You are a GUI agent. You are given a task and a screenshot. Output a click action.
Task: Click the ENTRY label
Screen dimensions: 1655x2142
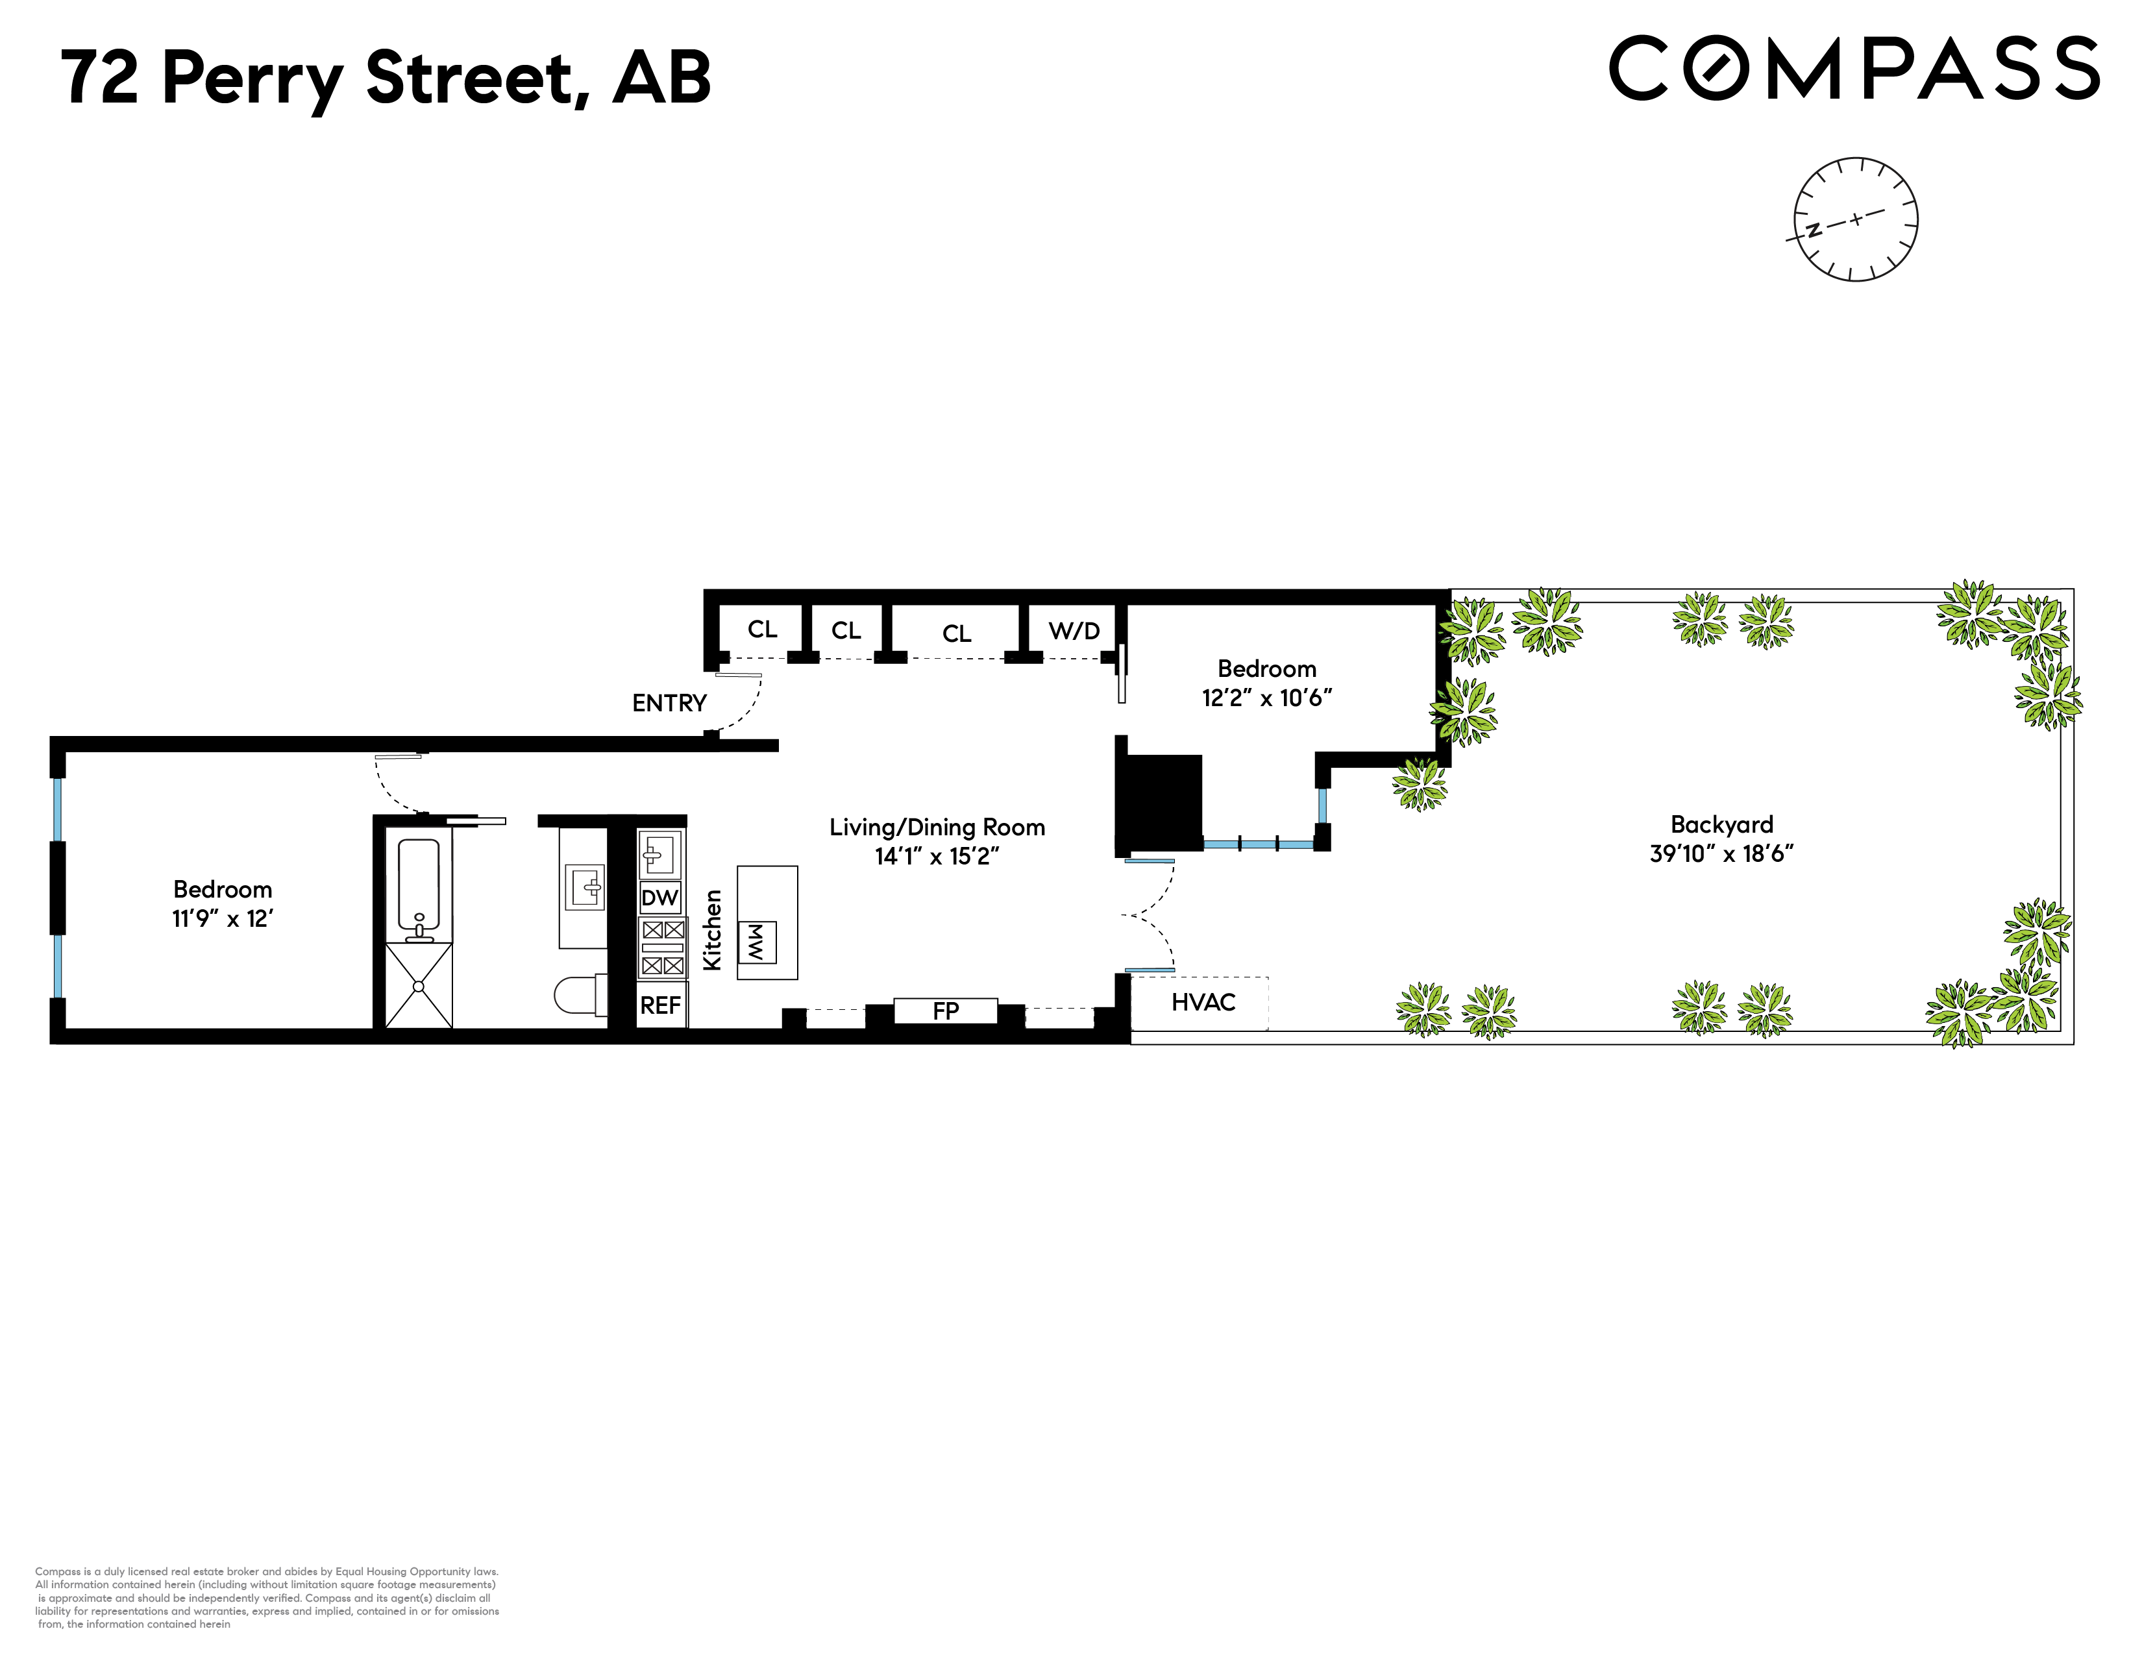pos(669,703)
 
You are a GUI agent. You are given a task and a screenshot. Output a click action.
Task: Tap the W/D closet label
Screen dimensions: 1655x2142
pos(1074,630)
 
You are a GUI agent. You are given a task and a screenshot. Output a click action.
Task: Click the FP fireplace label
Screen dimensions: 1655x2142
pos(946,1011)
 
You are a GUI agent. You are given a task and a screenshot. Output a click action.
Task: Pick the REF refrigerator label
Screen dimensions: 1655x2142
pos(660,1005)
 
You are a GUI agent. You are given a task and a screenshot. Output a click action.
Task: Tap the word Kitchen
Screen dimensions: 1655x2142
pos(713,929)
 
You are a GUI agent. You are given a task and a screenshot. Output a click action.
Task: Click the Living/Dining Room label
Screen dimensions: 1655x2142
pos(937,827)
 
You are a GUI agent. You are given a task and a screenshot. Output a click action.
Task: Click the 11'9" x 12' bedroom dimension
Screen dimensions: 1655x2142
pos(223,918)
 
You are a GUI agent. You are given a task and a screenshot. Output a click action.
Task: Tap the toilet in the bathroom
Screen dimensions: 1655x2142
pos(578,994)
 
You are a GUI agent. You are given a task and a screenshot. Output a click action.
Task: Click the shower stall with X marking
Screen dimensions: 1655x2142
pos(419,985)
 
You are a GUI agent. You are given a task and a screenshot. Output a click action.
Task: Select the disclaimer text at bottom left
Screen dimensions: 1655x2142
pos(267,1597)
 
